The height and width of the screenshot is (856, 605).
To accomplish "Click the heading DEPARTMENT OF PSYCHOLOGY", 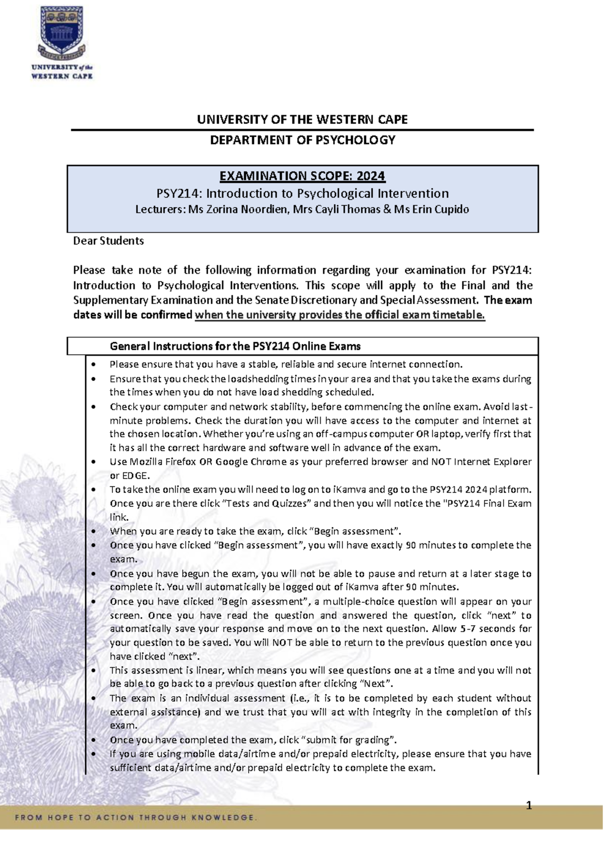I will point(302,140).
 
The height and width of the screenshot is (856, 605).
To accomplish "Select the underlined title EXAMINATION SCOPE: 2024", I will point(302,176).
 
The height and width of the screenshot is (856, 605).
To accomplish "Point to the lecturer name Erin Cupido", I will point(440,209).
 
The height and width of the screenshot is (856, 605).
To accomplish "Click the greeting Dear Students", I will point(108,241).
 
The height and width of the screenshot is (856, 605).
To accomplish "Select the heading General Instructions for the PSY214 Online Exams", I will point(235,346).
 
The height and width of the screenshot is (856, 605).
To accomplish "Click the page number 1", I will point(529,806).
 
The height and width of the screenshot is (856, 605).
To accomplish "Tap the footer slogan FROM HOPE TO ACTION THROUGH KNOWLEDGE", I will point(136,817).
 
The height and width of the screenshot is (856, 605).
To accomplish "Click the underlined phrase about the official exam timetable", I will point(340,315).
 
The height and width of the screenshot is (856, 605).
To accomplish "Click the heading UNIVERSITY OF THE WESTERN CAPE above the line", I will point(302,119).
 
